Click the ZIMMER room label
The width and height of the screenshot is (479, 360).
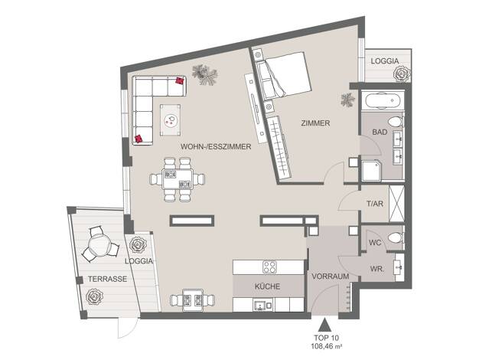(315, 123)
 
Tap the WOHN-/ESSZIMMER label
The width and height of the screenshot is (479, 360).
(216, 147)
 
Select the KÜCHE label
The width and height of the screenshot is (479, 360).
(267, 286)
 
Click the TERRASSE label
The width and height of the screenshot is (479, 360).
(108, 279)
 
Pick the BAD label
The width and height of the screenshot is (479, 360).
(380, 133)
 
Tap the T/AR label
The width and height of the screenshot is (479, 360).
(375, 204)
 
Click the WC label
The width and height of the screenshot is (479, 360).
(375, 243)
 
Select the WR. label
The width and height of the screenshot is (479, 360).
(377, 269)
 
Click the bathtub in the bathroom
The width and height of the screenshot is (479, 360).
(383, 100)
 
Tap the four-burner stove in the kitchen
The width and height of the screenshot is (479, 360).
(270, 267)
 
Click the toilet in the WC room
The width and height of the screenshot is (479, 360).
(396, 237)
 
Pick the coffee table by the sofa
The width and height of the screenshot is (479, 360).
(170, 120)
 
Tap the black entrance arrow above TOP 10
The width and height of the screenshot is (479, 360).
(324, 325)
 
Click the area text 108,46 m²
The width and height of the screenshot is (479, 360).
(326, 346)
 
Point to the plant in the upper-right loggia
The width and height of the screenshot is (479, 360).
(402, 74)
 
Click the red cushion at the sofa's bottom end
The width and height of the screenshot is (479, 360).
(138, 139)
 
